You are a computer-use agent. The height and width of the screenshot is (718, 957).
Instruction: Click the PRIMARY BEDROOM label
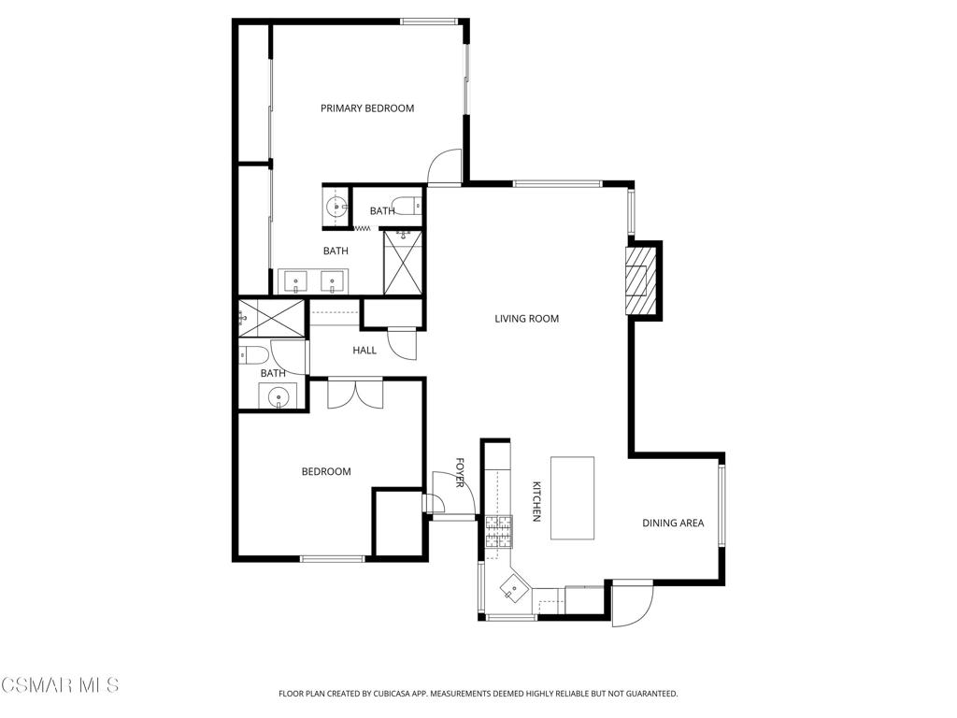tap(367, 108)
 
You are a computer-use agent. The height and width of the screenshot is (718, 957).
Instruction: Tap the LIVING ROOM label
tap(527, 319)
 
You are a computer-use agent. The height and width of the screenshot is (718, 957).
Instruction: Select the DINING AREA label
tap(673, 523)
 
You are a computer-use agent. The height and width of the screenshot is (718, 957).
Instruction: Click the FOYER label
tap(460, 473)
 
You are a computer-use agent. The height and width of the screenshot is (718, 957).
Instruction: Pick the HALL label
tap(364, 351)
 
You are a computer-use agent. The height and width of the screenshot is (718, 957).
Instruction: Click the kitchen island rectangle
tap(573, 497)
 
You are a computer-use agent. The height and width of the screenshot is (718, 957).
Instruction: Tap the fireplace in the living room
tap(639, 279)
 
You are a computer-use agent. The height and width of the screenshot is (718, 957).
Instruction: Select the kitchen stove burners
tap(498, 531)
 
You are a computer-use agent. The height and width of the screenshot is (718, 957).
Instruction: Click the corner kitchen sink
tap(513, 590)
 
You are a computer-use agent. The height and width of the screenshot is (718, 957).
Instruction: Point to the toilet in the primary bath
tap(405, 206)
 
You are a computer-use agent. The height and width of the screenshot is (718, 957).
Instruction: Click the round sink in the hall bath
tap(279, 397)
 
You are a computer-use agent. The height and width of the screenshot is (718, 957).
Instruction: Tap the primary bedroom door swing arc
tap(444, 166)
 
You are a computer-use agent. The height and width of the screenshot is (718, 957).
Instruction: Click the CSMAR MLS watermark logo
tap(60, 685)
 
